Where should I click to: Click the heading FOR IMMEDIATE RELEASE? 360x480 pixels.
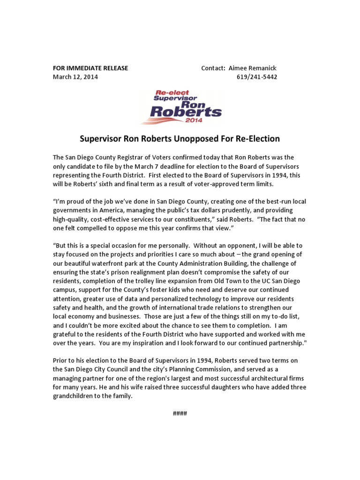click(x=90, y=68)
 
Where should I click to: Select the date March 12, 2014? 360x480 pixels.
click(x=75, y=77)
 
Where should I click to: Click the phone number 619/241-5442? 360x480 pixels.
click(x=257, y=77)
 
